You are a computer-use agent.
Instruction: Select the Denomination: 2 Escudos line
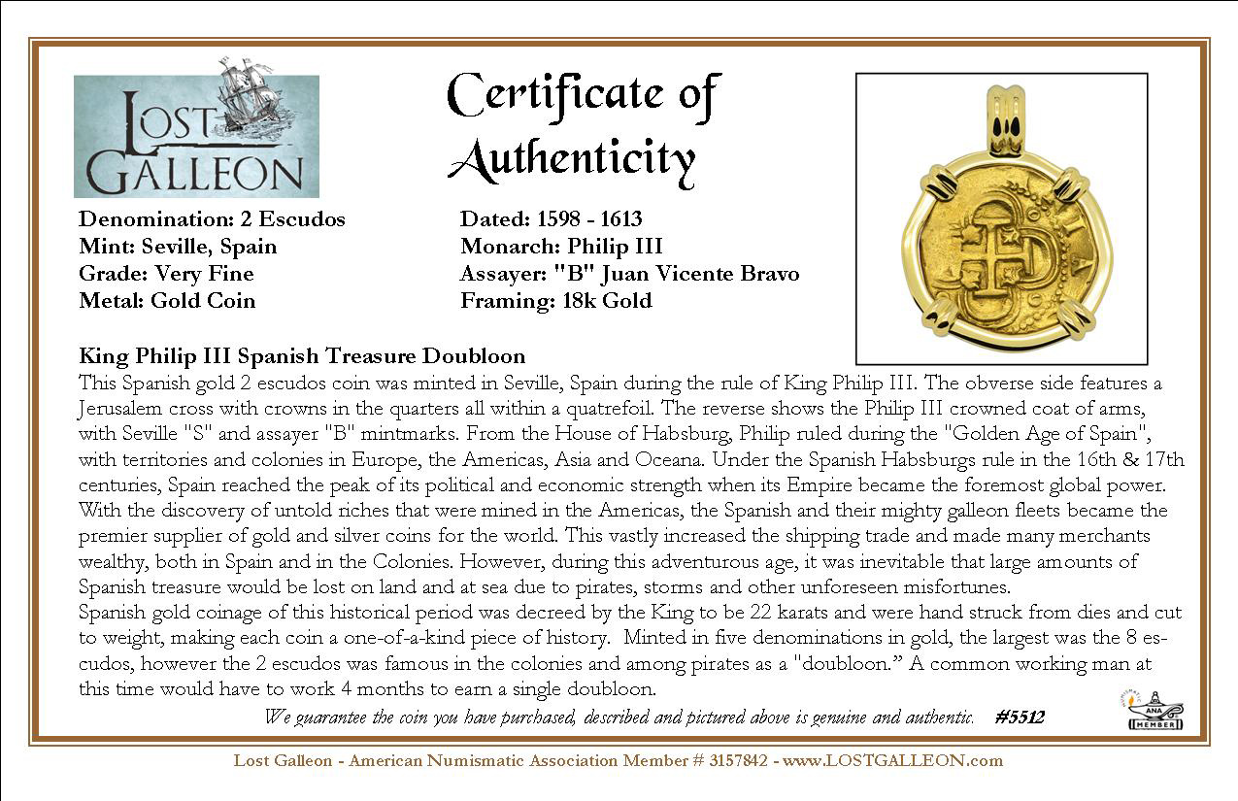pyautogui.click(x=212, y=219)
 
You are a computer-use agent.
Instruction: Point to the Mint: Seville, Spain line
pyautogui.click(x=178, y=247)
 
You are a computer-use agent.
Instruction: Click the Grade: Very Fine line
pyautogui.click(x=166, y=274)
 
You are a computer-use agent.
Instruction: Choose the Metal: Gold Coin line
pyautogui.click(x=167, y=301)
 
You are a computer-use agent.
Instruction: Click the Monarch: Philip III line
pyautogui.click(x=561, y=247)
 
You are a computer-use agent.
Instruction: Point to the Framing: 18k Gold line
pyautogui.click(x=555, y=301)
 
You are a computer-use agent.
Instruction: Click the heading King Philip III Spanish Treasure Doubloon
pyautogui.click(x=302, y=356)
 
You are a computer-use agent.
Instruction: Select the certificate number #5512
pyautogui.click(x=1020, y=718)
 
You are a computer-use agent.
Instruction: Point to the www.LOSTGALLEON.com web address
pyautogui.click(x=892, y=760)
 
